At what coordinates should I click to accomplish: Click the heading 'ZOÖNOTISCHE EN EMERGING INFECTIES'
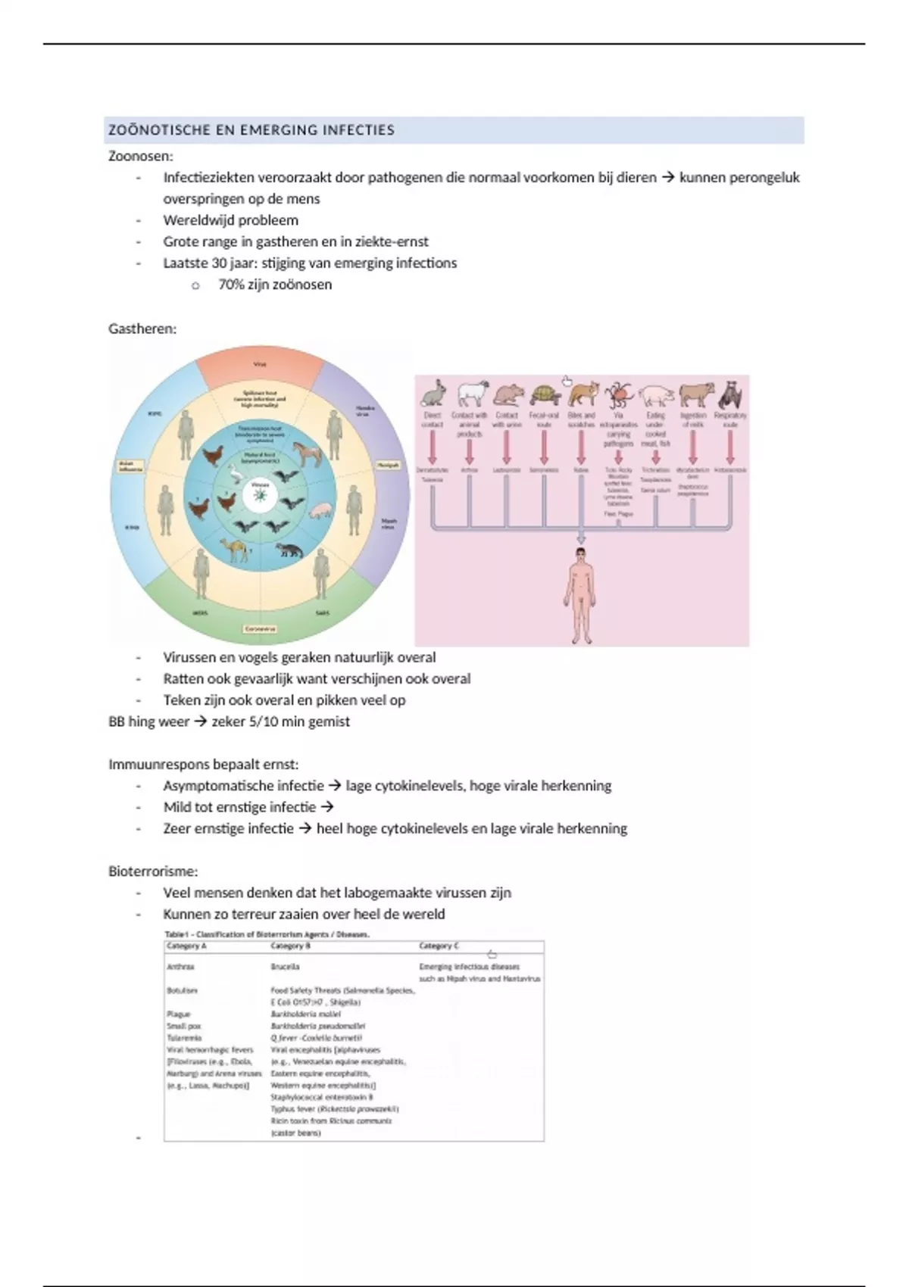[251, 130]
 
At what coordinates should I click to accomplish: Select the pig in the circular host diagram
[321, 511]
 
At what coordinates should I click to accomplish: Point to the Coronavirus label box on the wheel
[259, 628]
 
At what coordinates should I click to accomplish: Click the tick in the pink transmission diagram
[619, 394]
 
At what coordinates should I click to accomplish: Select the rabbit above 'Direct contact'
[433, 394]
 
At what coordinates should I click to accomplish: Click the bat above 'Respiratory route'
[730, 394]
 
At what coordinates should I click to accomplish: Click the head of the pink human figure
[581, 556]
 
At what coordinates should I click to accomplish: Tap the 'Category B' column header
[291, 946]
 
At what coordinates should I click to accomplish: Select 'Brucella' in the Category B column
[285, 967]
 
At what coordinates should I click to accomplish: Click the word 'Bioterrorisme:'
[153, 871]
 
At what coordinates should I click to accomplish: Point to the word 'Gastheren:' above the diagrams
[142, 329]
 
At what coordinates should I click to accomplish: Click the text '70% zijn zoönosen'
[275, 285]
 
